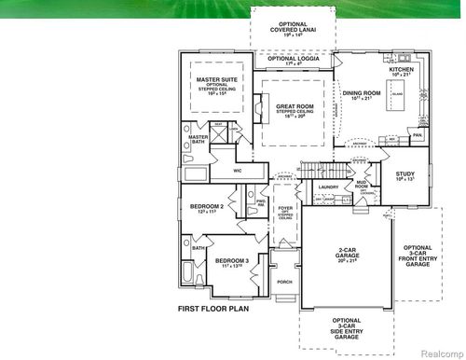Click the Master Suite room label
point(218,80)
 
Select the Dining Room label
point(362,93)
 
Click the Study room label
point(404,173)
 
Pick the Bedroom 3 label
point(206,261)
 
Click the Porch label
point(284,281)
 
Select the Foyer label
point(285,209)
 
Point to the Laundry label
point(328,187)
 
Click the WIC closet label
point(237,171)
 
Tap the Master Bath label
point(198,140)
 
